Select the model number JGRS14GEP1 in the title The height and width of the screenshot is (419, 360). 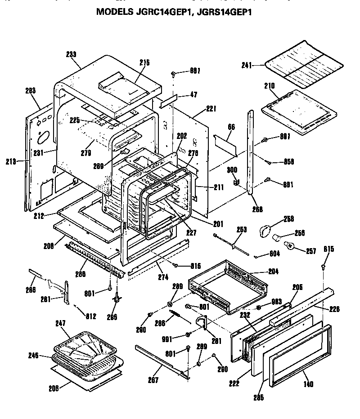click(x=225, y=13)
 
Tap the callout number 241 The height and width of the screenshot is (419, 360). click(x=247, y=65)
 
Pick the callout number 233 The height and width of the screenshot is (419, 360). click(x=71, y=53)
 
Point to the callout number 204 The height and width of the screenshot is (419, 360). click(x=273, y=272)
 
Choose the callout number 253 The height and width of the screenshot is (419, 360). click(x=242, y=230)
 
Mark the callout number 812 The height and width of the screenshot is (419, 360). click(x=91, y=316)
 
